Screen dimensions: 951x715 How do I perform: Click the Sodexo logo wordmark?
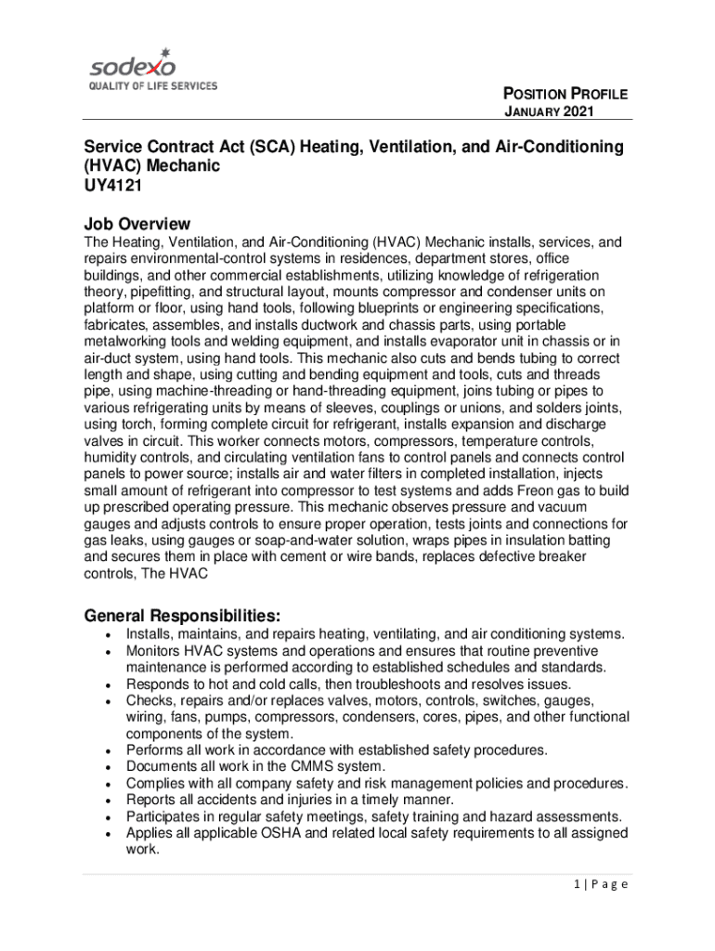[132, 67]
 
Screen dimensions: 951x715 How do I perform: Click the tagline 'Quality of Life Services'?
[152, 86]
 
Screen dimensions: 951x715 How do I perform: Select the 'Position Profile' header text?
[565, 94]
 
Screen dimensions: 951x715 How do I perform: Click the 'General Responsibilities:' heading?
[183, 616]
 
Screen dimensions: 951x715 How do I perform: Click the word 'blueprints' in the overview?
[396, 307]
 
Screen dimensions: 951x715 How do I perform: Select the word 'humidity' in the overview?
[110, 457]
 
